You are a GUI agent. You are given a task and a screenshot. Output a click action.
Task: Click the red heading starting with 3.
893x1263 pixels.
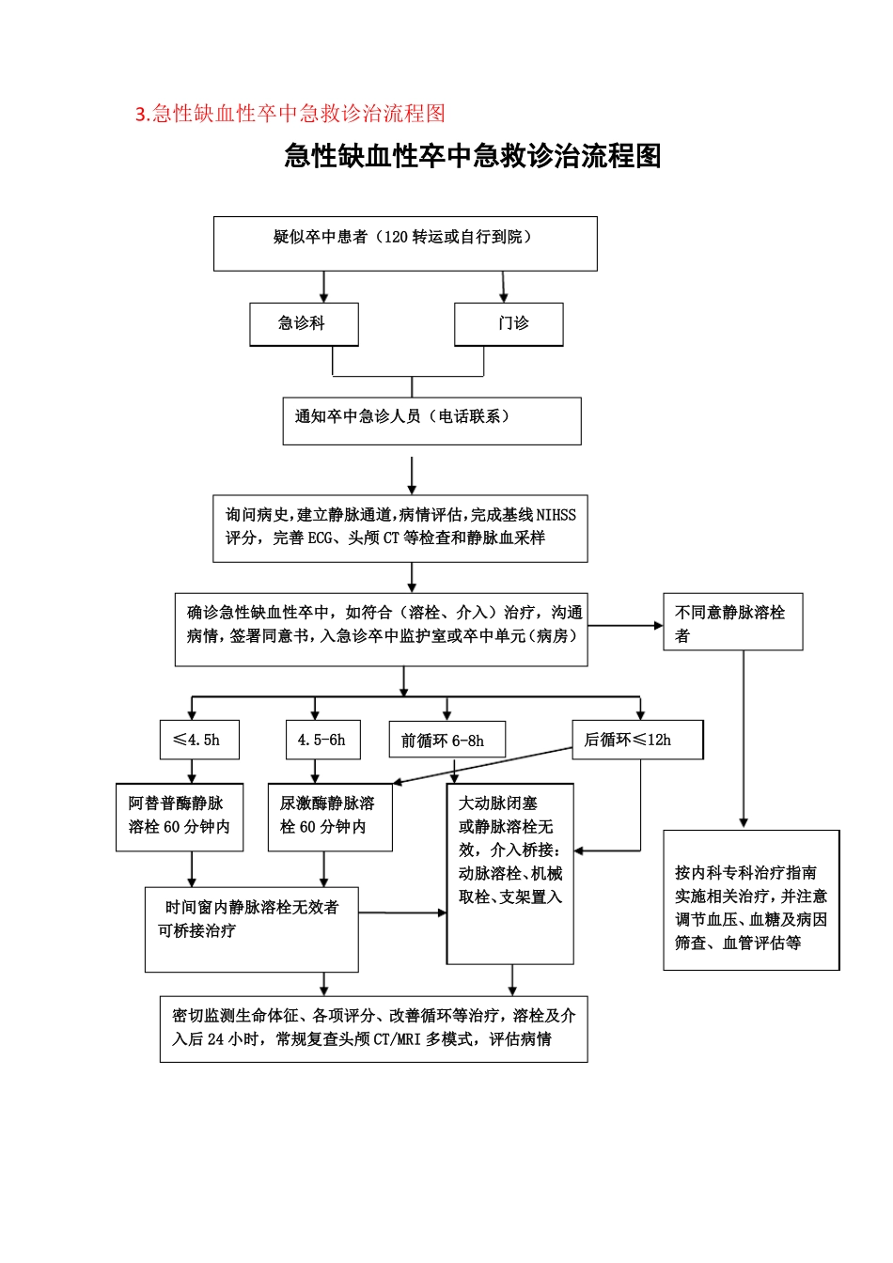290,114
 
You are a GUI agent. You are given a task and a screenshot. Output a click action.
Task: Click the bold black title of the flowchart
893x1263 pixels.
472,156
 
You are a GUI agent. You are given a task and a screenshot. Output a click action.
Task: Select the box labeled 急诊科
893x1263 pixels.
304,324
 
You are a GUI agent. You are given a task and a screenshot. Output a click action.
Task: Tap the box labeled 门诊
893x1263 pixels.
509,324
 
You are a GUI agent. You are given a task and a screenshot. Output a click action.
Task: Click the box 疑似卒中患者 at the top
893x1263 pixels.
405,243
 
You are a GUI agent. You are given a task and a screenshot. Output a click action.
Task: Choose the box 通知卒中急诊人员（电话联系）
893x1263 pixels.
431,420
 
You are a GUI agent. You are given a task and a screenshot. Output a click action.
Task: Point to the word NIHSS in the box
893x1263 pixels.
556,515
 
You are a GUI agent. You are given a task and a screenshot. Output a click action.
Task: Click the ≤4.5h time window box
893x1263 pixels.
199,740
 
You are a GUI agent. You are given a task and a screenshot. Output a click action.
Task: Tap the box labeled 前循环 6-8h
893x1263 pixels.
446,740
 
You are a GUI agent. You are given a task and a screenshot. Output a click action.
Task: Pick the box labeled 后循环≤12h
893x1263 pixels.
636,740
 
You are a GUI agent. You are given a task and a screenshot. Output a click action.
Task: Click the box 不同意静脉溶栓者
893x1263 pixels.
732,622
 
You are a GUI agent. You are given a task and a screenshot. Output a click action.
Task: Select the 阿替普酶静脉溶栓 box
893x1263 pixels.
180,817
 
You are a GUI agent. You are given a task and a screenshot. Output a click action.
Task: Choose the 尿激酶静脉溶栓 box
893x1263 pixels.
329,817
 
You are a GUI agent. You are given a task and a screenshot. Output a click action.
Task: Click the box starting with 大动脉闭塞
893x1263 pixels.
509,873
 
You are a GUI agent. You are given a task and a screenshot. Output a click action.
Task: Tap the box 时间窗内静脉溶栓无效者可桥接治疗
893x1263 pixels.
251,928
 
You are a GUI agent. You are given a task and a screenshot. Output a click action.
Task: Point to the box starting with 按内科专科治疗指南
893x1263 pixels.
750,899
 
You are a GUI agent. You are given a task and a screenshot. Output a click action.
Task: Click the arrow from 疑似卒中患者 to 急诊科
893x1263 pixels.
324,287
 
